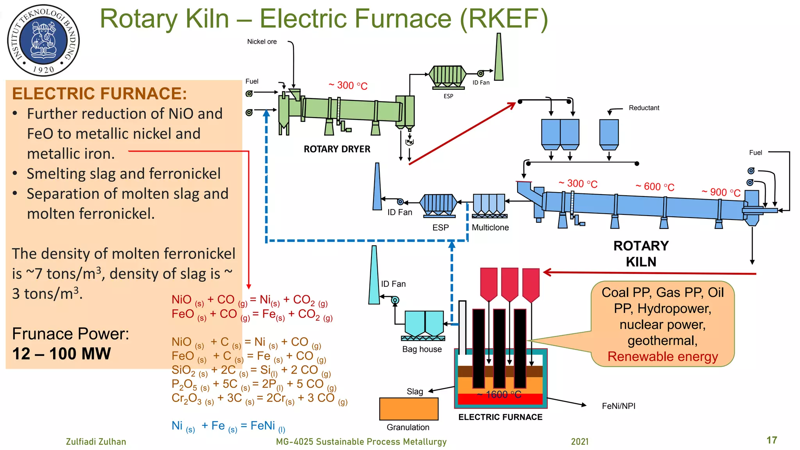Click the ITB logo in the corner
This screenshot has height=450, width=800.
point(43,41)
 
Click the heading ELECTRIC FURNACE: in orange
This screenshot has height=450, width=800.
point(99,94)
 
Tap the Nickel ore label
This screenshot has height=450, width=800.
point(262,42)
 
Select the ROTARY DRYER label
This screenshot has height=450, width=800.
point(337,149)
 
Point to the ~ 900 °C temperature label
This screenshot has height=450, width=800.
point(721,192)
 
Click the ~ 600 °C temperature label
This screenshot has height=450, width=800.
point(655,187)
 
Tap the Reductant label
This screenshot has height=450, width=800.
point(644,108)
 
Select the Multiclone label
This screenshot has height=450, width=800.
point(490,227)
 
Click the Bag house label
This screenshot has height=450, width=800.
point(422,349)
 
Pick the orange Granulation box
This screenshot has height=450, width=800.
point(409,409)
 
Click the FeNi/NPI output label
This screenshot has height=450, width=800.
point(618,406)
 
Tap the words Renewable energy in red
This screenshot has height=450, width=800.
point(662,357)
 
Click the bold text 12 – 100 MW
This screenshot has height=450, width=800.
point(61,354)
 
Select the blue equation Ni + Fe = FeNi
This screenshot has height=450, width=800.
point(229,426)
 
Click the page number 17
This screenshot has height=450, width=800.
point(771,440)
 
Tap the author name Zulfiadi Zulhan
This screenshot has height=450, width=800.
point(96,442)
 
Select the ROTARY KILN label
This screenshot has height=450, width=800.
point(641,254)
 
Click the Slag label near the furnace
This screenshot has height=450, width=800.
point(414,391)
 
